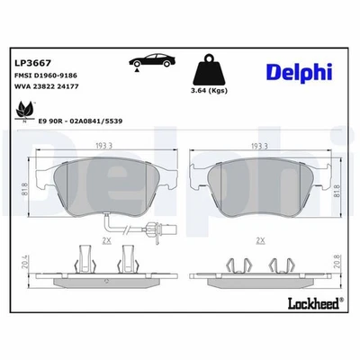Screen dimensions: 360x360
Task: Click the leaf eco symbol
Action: pos(22,108)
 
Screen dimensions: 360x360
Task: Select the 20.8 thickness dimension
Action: pos(337,265)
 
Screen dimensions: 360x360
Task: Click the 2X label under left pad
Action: pos(107,241)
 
